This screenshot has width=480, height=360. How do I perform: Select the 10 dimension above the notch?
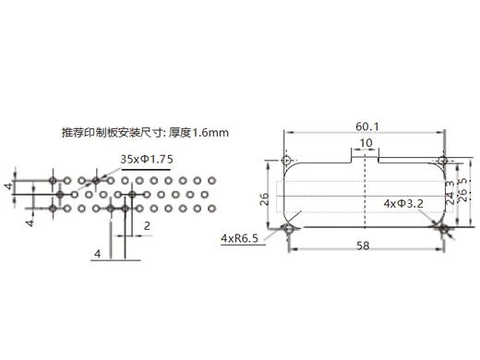[x=366, y=143]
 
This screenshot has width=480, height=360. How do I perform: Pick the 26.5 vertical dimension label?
[x=465, y=193]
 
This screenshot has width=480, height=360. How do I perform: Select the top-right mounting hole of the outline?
[x=442, y=162]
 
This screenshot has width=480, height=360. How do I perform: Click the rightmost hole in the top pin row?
[x=210, y=178]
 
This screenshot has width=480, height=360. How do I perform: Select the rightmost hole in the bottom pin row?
[x=210, y=210]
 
